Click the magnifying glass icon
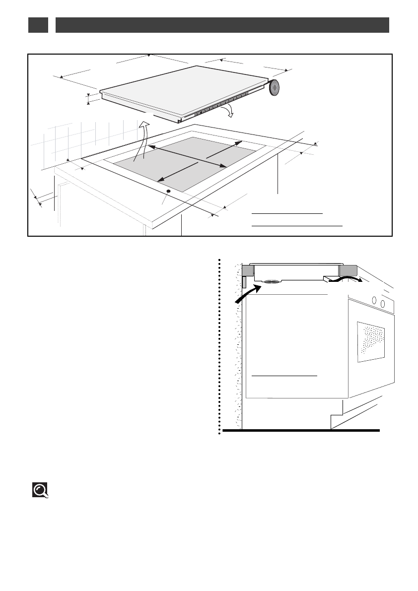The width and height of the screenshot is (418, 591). (x=40, y=490)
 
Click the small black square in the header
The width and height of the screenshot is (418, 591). (x=38, y=25)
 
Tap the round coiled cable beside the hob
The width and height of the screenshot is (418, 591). (x=275, y=88)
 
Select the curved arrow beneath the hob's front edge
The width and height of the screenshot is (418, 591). (x=229, y=111)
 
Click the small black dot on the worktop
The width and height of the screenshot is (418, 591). (x=168, y=192)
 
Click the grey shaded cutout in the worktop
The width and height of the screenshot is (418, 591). (x=184, y=164)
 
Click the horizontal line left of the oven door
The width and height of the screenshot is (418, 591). (x=284, y=376)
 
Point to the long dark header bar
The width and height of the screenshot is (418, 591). (x=222, y=25)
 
